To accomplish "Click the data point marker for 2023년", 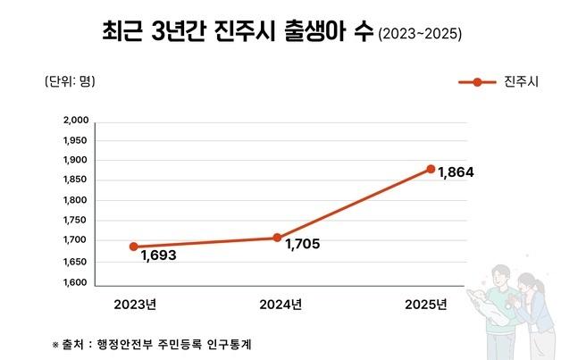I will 134,247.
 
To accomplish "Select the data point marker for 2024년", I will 277,238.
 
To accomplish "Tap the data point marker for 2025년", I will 431,169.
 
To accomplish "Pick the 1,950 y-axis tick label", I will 76,140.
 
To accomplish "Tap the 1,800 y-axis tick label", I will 76,201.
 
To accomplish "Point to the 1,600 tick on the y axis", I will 76,283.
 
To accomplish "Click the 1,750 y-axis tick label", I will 76,222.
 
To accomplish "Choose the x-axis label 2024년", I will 280,305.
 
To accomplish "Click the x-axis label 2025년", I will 425,305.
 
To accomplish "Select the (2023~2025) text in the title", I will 420,36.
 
